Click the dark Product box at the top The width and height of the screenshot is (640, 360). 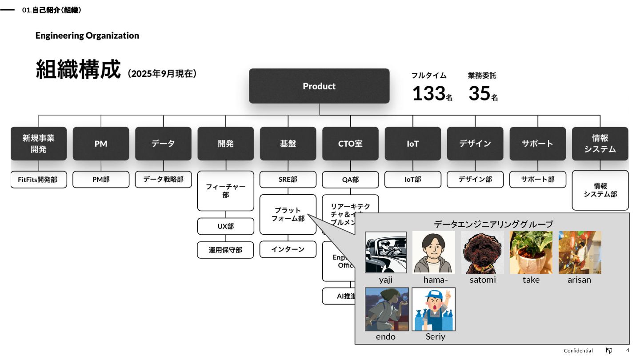point(319,86)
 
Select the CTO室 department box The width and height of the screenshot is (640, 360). point(350,144)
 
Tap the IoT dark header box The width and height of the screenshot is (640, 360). point(412,144)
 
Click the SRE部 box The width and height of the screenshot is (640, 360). point(288,180)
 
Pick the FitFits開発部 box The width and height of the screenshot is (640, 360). point(38,180)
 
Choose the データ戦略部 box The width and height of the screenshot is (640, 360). point(163,180)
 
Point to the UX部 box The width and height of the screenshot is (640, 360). point(225,226)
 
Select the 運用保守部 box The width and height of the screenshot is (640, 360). point(225,250)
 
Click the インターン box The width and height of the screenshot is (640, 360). point(288,249)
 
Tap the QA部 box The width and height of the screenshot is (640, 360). point(350,180)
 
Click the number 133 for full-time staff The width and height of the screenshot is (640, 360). point(429,93)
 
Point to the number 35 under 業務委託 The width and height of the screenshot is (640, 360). point(479,93)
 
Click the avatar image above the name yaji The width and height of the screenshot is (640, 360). point(386,252)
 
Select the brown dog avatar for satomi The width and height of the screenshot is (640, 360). point(482,252)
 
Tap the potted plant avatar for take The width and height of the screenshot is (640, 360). point(531,252)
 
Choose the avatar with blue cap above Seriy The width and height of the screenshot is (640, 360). point(434,309)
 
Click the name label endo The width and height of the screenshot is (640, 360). point(385,336)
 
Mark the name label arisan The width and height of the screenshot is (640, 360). point(579,280)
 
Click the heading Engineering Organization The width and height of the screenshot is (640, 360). point(87,36)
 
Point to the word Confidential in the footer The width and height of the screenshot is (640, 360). point(578,351)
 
